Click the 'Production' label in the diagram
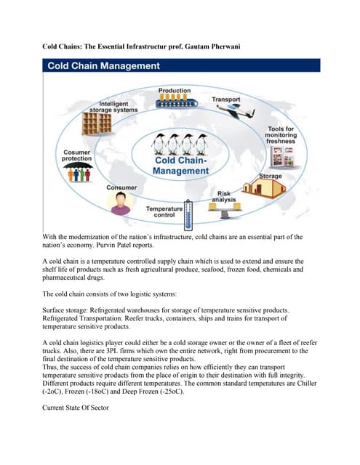coord(175,90)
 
